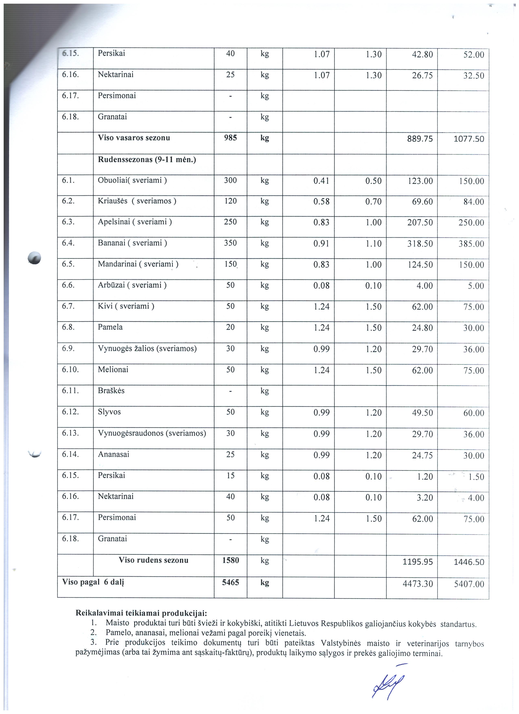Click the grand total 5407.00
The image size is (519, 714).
point(469,584)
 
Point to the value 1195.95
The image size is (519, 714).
point(418,562)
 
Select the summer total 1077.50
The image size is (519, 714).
point(469,139)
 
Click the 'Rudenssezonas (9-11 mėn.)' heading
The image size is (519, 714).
point(147,160)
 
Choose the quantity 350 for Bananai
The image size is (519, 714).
point(230,243)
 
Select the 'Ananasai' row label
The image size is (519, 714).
point(113,454)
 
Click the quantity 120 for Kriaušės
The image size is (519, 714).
point(230,201)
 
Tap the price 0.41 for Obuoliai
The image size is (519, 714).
point(321,181)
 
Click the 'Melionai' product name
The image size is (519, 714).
point(113,370)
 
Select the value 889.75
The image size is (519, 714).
point(420,139)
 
